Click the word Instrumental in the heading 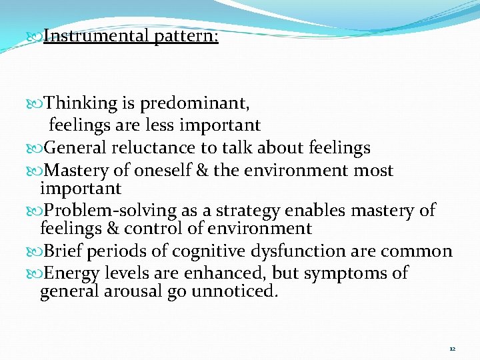tap(96, 36)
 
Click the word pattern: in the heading tap(187, 36)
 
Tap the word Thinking tap(81, 103)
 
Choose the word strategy tap(241, 210)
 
